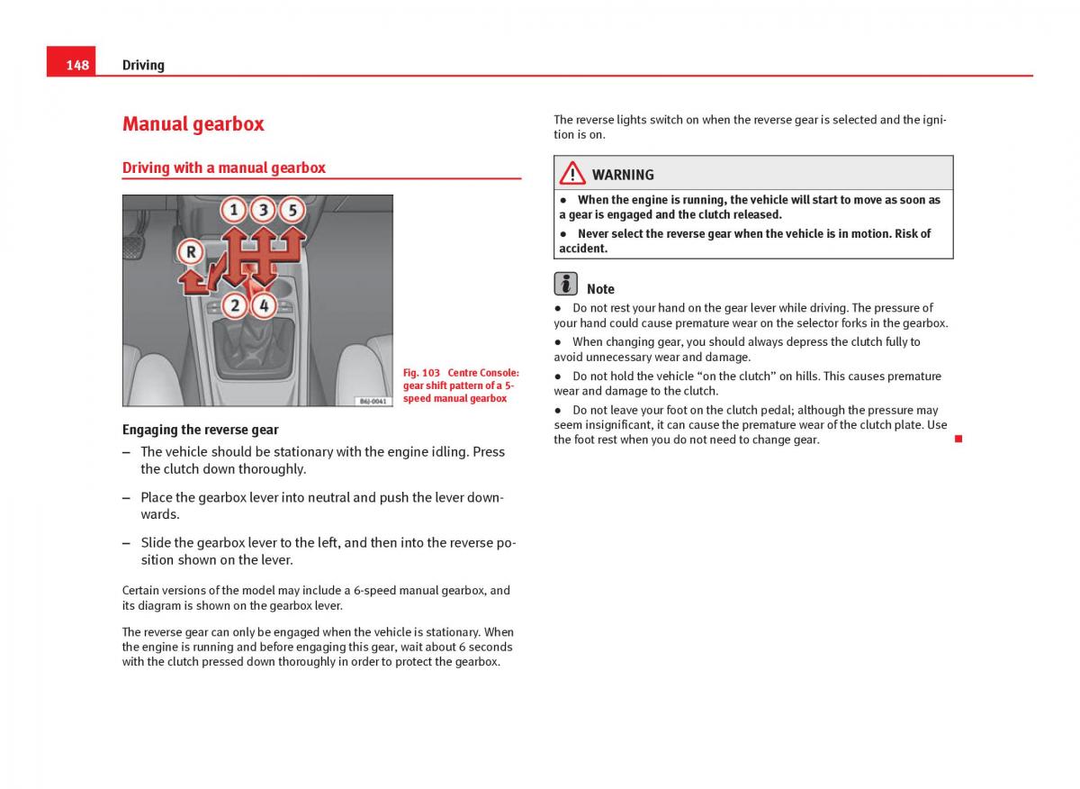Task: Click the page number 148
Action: [x=77, y=65]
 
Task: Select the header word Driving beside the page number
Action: [x=143, y=65]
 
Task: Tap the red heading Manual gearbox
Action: [x=193, y=124]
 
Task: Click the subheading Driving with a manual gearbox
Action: [x=223, y=168]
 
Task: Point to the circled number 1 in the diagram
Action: [x=233, y=211]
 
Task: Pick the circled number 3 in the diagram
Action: [x=263, y=211]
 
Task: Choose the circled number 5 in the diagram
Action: [x=292, y=211]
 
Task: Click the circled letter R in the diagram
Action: [x=190, y=252]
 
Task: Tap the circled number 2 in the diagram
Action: [x=234, y=305]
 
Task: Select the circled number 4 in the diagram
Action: [x=263, y=305]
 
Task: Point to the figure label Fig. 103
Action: [x=421, y=373]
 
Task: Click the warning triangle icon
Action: [x=571, y=174]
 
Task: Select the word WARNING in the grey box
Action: [x=623, y=175]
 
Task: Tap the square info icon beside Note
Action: [x=566, y=284]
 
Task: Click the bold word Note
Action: [x=600, y=289]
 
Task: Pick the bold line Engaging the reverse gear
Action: [x=200, y=430]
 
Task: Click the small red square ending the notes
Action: [x=958, y=439]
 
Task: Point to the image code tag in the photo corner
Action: [x=373, y=401]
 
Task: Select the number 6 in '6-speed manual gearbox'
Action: [x=357, y=591]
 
